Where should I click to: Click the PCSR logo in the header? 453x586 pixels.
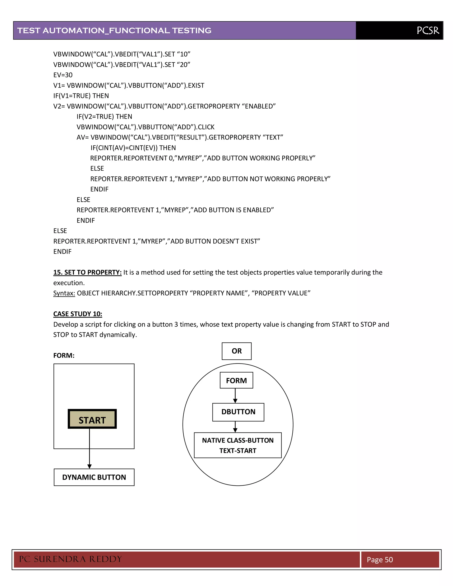click(428, 30)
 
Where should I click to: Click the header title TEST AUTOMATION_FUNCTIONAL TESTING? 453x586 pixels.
click(114, 31)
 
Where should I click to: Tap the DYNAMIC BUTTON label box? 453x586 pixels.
click(94, 477)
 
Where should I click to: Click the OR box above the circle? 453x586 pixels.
click(236, 351)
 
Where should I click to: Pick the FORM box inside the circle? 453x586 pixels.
click(236, 380)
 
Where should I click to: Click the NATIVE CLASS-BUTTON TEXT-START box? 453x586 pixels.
click(238, 445)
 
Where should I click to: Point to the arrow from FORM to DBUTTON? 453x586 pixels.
click(235, 396)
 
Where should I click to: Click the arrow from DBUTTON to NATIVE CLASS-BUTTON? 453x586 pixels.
click(235, 427)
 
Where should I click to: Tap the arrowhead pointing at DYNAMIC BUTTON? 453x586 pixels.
click(89, 466)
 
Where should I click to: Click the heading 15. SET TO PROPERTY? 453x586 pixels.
click(87, 272)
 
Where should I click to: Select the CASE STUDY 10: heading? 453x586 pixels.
click(78, 314)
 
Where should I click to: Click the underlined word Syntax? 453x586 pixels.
click(64, 293)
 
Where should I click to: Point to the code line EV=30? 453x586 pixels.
click(63, 75)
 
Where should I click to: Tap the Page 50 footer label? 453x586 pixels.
click(380, 559)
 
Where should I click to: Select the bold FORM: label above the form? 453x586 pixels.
click(64, 356)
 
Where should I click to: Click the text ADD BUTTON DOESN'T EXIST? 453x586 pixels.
click(215, 241)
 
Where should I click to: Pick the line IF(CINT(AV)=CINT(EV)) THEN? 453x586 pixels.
click(133, 148)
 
